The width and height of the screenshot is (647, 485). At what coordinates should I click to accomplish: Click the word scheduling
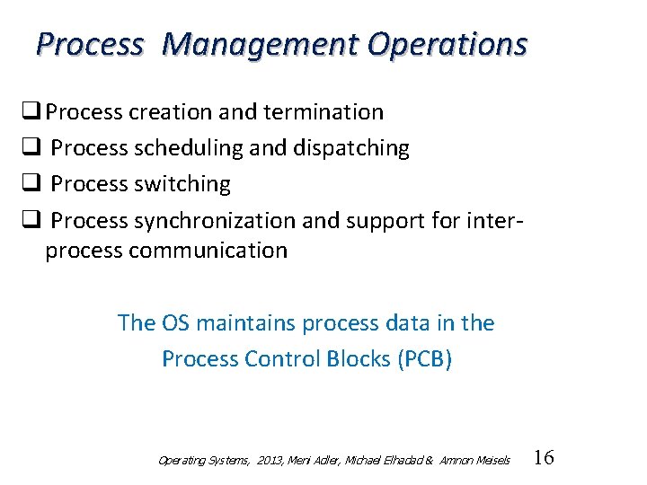190,148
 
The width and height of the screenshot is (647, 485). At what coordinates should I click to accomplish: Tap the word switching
182,184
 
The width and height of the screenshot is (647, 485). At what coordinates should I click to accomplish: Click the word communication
208,251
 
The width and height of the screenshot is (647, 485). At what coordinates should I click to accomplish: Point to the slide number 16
544,458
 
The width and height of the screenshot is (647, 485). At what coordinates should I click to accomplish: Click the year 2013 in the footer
269,461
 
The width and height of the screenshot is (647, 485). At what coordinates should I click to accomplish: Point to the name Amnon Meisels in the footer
475,461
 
